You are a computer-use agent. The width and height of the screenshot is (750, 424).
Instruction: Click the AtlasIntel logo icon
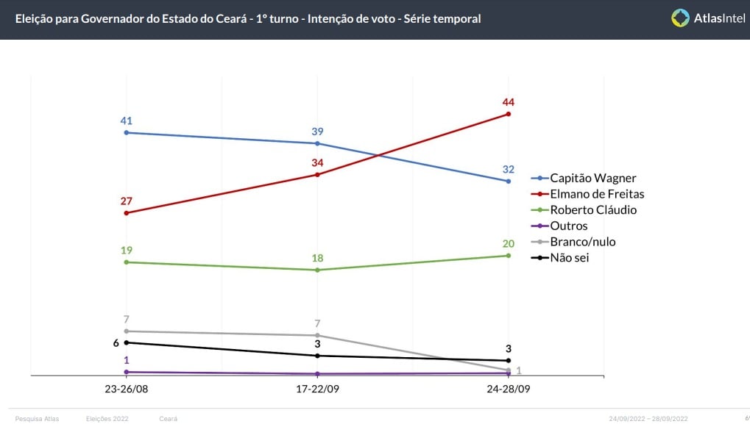[x=680, y=18]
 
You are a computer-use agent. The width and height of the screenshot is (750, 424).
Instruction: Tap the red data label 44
[x=508, y=102]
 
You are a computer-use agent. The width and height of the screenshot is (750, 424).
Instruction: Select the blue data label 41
[x=127, y=121]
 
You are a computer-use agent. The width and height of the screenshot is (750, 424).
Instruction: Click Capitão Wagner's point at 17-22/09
[x=317, y=143]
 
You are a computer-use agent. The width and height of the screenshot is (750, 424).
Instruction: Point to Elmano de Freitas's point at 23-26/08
[x=127, y=213]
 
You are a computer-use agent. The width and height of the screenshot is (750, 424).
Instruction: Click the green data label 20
[x=508, y=244]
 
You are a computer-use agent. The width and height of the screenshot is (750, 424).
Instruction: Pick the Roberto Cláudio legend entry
[x=593, y=210]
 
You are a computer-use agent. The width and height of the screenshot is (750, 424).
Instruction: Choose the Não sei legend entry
[x=570, y=257]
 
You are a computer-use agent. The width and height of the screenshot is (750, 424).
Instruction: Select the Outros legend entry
[x=569, y=226]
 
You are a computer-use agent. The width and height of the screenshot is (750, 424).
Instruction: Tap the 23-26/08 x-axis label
[x=127, y=389]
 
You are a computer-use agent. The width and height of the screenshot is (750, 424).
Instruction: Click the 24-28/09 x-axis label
[x=508, y=389]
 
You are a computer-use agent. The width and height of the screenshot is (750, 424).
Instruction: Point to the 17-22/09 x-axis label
[x=317, y=389]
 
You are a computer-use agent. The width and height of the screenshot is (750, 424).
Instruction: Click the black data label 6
[x=116, y=343]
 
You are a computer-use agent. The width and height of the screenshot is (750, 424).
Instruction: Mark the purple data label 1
[x=127, y=360]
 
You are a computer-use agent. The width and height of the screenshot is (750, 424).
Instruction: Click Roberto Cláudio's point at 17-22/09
[x=317, y=270]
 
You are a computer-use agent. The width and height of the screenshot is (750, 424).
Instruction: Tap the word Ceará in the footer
[x=168, y=419]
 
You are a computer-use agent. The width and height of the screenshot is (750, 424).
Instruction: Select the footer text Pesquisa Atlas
[x=37, y=419]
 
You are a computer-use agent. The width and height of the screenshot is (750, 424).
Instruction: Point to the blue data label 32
[x=508, y=170]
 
